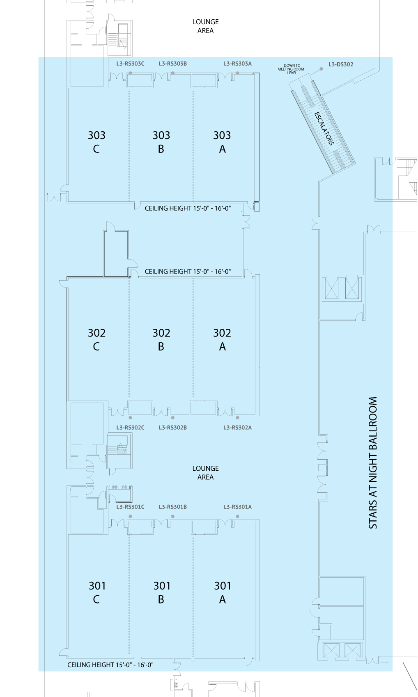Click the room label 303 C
click(96, 142)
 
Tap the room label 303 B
click(161, 142)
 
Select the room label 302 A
click(222, 339)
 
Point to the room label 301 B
click(162, 592)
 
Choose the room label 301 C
click(97, 592)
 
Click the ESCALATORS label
click(324, 128)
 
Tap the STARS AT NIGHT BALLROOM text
click(373, 463)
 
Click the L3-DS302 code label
click(341, 64)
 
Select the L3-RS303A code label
click(237, 64)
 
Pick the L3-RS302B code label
click(173, 428)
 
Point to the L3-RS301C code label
click(130, 507)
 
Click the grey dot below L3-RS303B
click(173, 73)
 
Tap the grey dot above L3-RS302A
click(237, 418)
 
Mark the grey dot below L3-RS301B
click(173, 517)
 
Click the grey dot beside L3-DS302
click(321, 69)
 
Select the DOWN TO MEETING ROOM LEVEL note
click(291, 69)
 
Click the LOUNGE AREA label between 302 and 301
click(205, 473)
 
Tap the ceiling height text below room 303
click(188, 208)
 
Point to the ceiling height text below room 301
click(110, 665)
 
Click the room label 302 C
click(96, 339)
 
